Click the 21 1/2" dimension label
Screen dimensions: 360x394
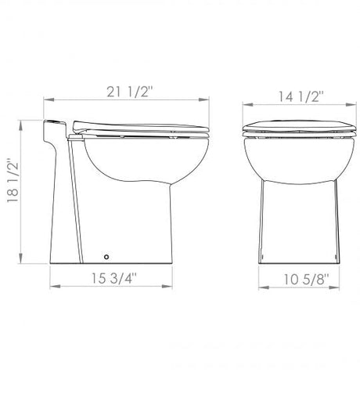point(129,92)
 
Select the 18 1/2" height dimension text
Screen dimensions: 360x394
point(13,180)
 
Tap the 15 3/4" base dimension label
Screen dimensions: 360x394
point(114,278)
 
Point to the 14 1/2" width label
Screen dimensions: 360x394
point(301,96)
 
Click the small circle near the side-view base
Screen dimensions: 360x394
point(106,257)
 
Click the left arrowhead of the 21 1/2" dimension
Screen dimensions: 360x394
point(49,99)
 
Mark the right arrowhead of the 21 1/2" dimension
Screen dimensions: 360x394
point(204,99)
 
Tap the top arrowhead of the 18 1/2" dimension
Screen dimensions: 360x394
point(21,125)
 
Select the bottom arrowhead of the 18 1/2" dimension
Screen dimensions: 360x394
point(21,258)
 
